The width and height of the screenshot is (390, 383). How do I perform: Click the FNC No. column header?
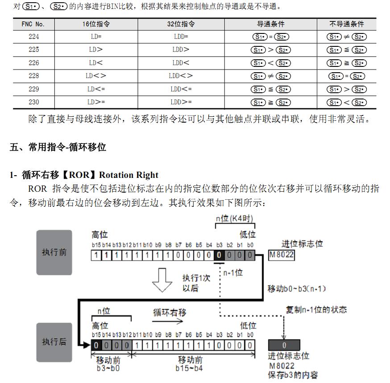coord(33,24)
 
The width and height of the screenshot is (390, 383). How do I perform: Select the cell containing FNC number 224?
coord(33,37)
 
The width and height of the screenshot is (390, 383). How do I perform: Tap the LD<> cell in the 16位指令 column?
coord(96,76)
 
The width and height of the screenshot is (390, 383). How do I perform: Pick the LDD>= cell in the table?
coord(181,102)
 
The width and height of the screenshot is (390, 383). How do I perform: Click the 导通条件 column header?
coord(270,24)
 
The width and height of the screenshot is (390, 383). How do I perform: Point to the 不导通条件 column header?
coord(346,24)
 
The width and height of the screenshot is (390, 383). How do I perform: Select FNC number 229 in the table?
coord(33,89)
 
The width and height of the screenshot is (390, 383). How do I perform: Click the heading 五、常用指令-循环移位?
coord(58,147)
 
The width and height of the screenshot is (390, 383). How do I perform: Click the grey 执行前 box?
coord(54,252)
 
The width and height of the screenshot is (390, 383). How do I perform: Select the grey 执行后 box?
coord(54,342)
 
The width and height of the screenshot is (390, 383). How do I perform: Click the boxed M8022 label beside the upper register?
coord(282,255)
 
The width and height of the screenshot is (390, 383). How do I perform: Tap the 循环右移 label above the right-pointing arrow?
coord(170,312)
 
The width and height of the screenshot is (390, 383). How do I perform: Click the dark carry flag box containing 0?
coord(284,345)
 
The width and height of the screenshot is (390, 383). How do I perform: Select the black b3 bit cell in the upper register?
coord(219,255)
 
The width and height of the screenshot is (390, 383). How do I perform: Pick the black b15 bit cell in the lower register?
coord(96,345)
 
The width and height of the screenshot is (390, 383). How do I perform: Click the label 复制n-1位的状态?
coord(316,309)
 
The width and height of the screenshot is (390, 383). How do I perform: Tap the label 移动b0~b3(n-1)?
coord(297,288)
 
